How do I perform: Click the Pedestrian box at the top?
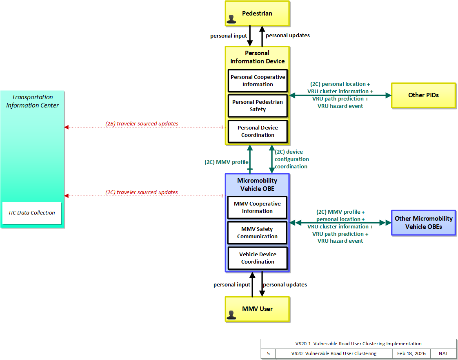click(x=257, y=13)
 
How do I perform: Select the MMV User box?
click(x=257, y=309)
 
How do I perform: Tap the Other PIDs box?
click(x=424, y=95)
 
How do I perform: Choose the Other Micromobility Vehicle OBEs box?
click(x=424, y=223)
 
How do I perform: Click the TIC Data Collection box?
click(x=32, y=213)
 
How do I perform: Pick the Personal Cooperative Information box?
click(x=258, y=81)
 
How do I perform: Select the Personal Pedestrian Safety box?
click(x=258, y=105)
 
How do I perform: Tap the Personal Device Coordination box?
click(x=258, y=131)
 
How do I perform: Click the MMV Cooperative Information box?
click(x=257, y=207)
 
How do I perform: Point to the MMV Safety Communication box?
click(x=257, y=233)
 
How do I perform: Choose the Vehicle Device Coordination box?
click(x=258, y=258)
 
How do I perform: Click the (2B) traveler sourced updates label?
click(x=142, y=124)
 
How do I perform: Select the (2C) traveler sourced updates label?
click(x=142, y=192)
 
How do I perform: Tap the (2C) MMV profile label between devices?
click(x=227, y=162)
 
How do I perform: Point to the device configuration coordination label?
click(x=291, y=159)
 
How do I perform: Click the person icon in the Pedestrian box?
click(x=231, y=19)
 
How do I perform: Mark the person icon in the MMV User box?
click(x=231, y=315)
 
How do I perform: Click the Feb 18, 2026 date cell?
click(x=411, y=353)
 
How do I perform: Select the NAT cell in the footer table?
click(x=443, y=353)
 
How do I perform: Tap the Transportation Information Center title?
click(x=32, y=101)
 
